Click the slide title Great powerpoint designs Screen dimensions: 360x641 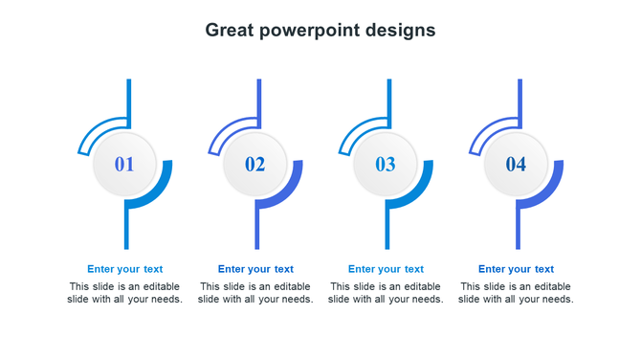click(320, 30)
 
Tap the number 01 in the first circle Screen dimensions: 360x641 click(124, 165)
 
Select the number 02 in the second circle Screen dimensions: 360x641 click(255, 165)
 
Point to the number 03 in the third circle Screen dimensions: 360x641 click(386, 165)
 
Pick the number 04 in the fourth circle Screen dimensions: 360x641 click(516, 165)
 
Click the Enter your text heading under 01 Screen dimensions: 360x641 click(125, 269)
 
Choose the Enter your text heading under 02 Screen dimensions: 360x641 click(255, 269)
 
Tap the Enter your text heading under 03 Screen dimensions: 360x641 click(386, 269)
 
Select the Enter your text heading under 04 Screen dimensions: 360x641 click(516, 269)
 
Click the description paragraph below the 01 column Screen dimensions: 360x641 click(125, 293)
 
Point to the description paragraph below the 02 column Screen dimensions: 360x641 click(255, 293)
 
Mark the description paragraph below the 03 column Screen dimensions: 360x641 click(386, 293)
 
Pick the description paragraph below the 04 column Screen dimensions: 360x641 click(516, 293)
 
